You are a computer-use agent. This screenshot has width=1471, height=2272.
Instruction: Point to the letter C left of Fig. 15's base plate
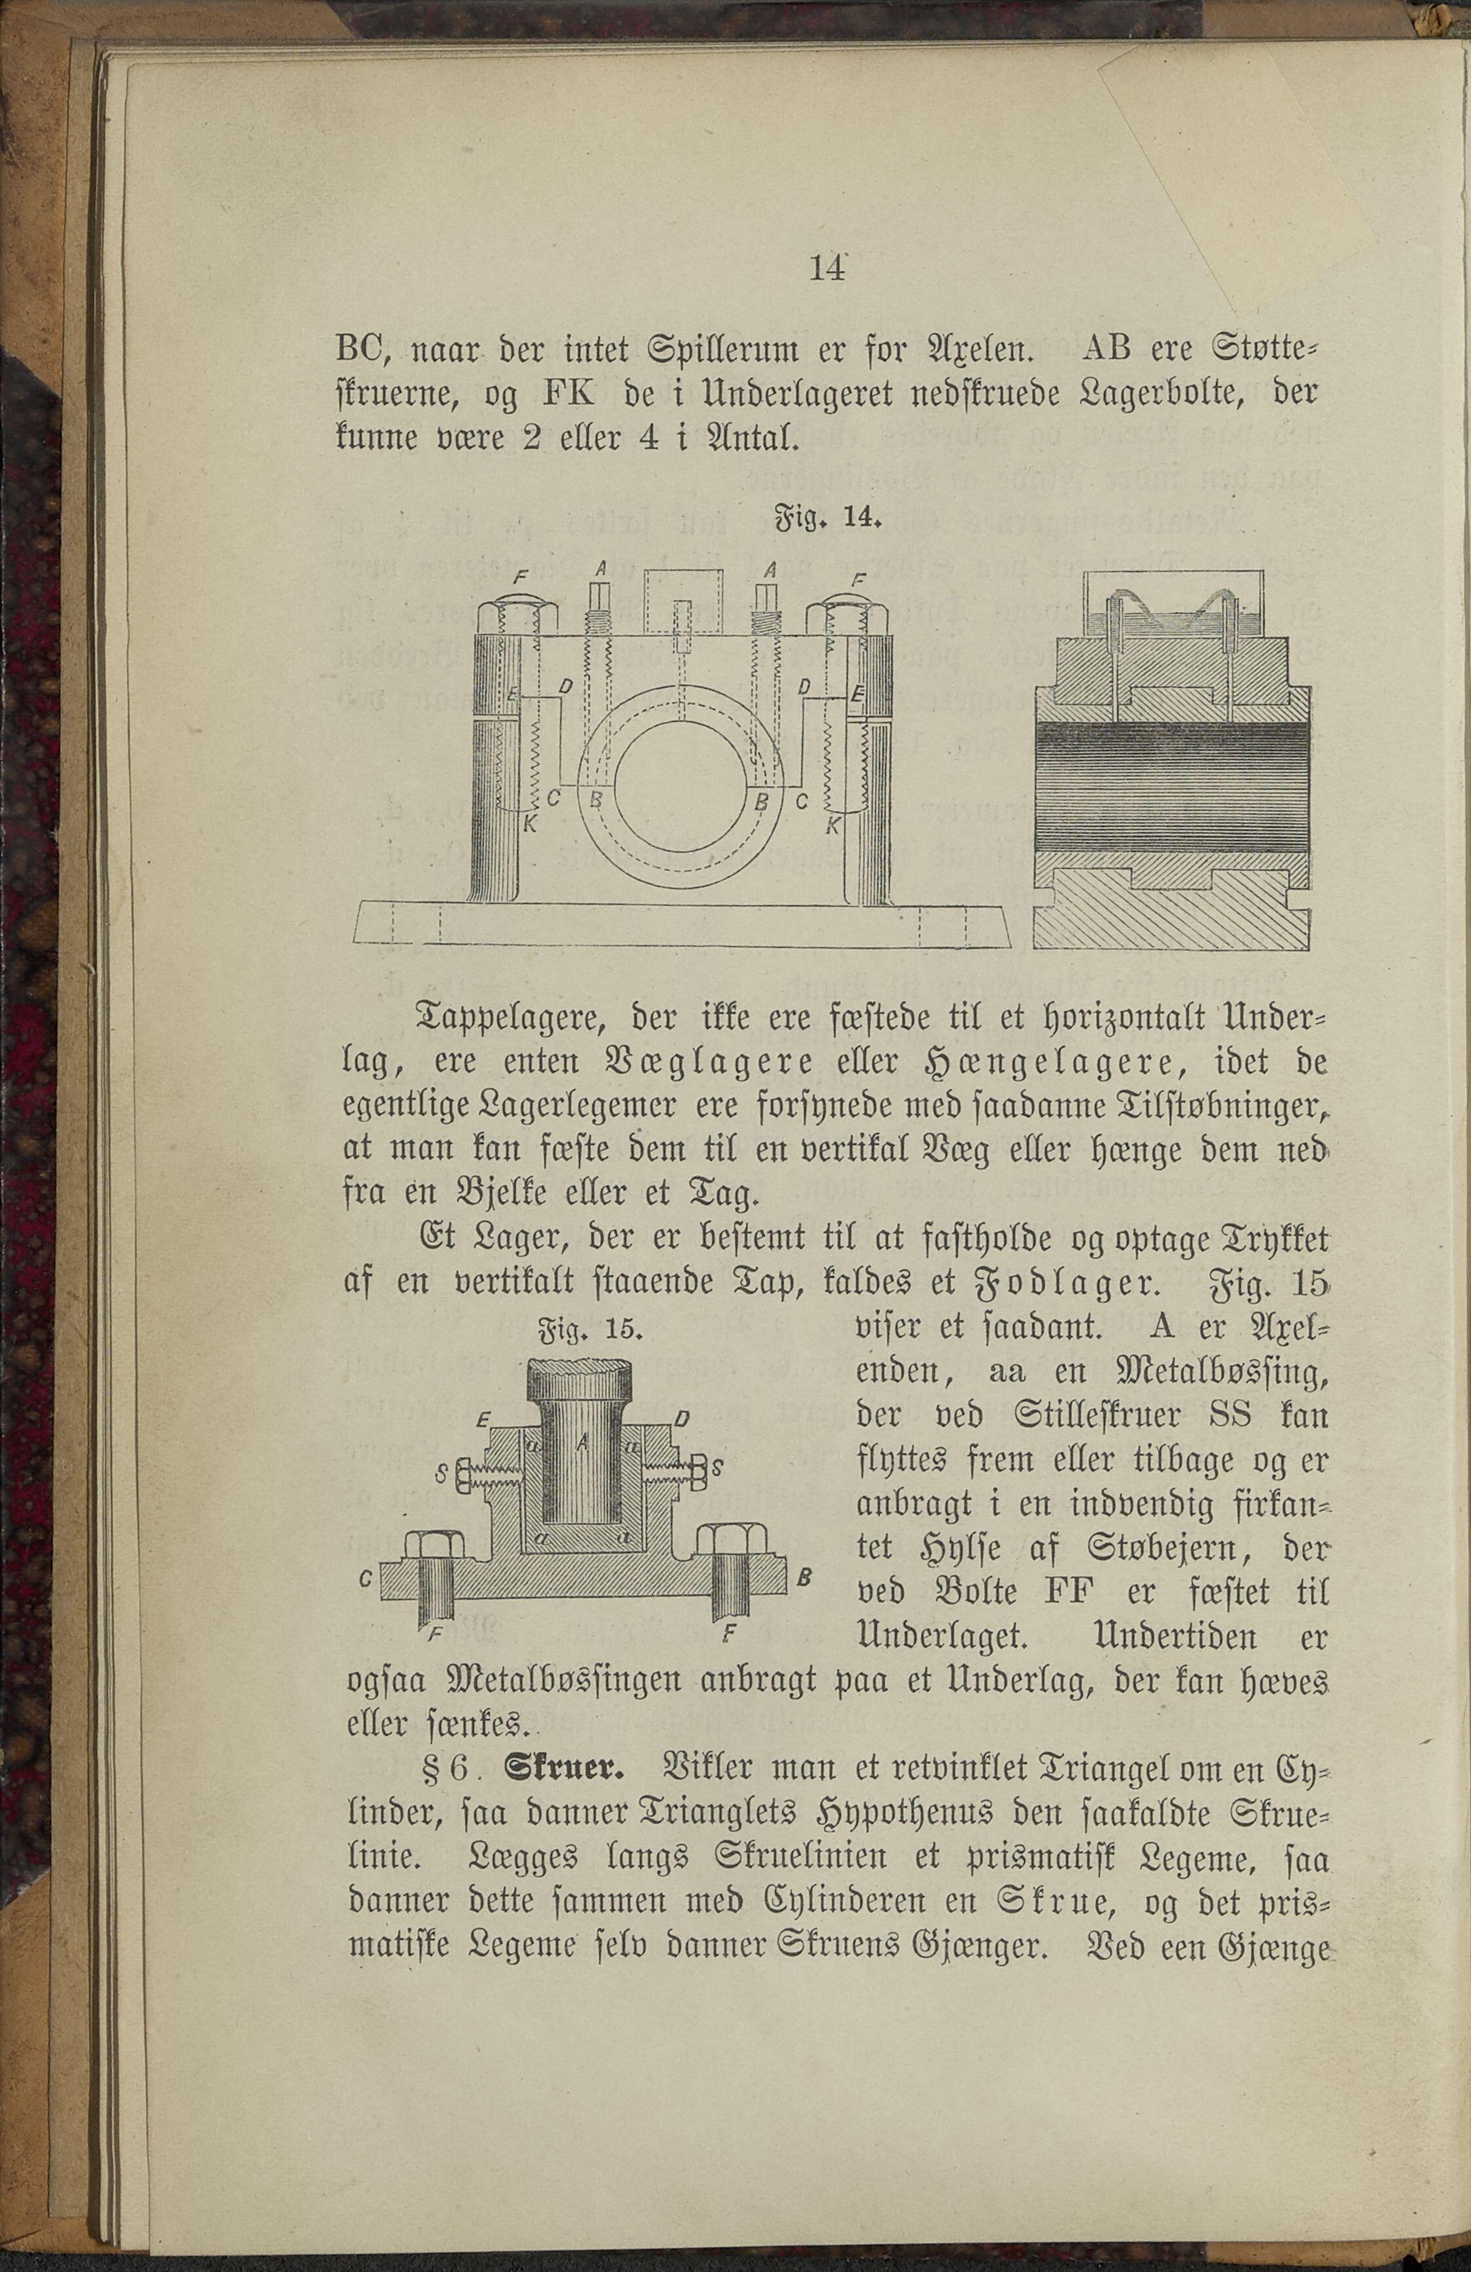[364, 1580]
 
